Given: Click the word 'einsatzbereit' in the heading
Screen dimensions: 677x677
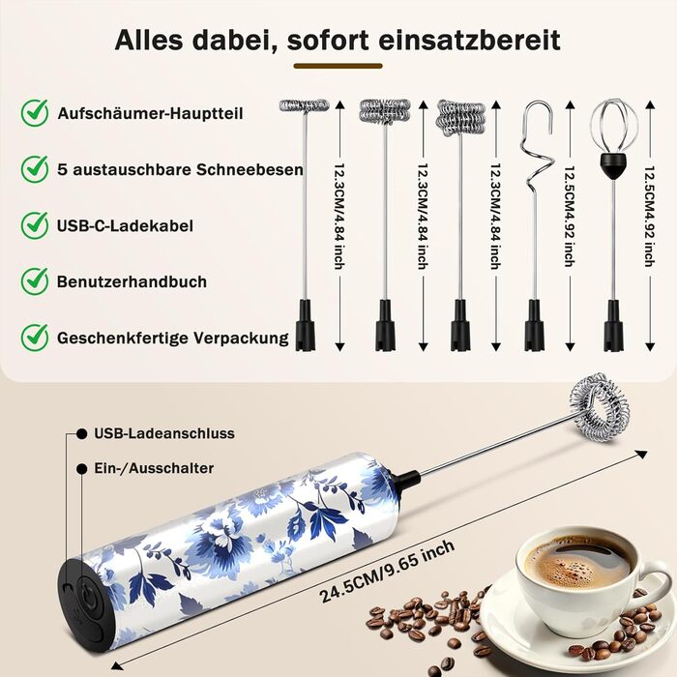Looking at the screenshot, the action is pos(469,41).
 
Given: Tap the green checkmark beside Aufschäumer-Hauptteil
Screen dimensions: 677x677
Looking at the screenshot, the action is pos(35,113).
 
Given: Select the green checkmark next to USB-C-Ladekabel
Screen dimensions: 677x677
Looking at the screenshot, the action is pos(35,225).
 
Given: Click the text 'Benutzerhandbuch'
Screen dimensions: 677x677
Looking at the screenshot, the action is pos(132,281).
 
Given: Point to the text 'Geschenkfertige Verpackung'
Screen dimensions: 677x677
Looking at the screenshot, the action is pos(173,338).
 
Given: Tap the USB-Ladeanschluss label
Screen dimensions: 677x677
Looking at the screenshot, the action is pos(164,433).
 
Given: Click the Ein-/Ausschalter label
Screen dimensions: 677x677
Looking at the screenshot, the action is pos(154,468).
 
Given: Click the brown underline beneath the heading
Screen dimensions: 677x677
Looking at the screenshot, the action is pos(338,66).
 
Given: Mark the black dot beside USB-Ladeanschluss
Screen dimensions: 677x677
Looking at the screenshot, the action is pos(81,433).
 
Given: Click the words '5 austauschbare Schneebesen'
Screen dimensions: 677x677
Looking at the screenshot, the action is pos(180,169).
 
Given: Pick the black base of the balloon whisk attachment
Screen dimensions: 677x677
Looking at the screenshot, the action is pos(613,326).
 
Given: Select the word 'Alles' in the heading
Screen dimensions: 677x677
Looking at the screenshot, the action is pos(149,41).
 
